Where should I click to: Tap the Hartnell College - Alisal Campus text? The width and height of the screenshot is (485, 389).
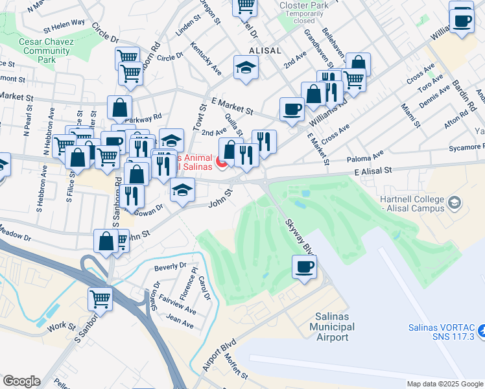[x=410, y=204]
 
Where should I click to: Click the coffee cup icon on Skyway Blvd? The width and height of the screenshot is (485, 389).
[x=304, y=266]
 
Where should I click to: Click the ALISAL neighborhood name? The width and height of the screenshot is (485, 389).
[x=265, y=51]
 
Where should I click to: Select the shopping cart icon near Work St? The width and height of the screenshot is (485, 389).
[x=101, y=299]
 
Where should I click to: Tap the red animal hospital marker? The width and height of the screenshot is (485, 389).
[x=222, y=163]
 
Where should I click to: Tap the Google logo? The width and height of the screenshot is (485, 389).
[x=21, y=381]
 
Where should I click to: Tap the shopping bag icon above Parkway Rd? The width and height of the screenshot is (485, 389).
[x=119, y=107]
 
